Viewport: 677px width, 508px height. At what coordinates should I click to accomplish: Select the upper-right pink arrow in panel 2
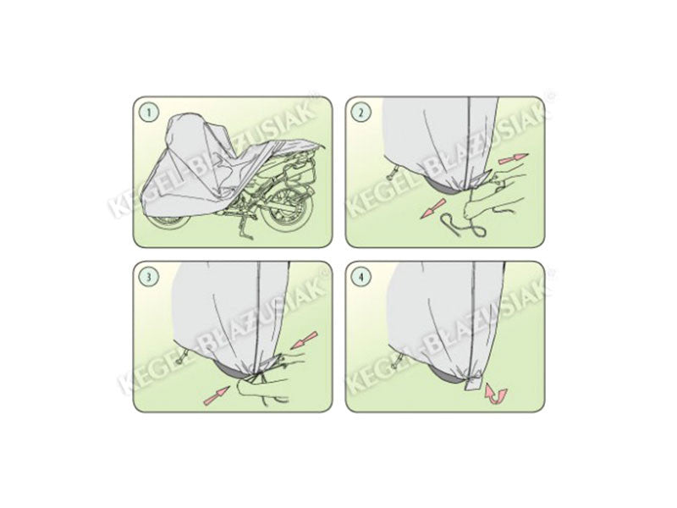click(x=514, y=158)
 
